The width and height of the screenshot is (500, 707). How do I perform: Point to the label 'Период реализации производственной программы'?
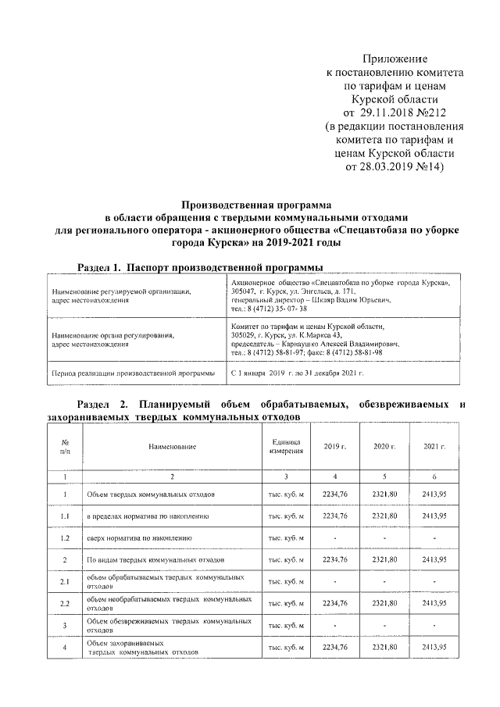[x=133, y=373]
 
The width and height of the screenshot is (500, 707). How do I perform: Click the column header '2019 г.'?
[x=335, y=446]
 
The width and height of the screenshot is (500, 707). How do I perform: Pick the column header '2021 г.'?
[x=434, y=446]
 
